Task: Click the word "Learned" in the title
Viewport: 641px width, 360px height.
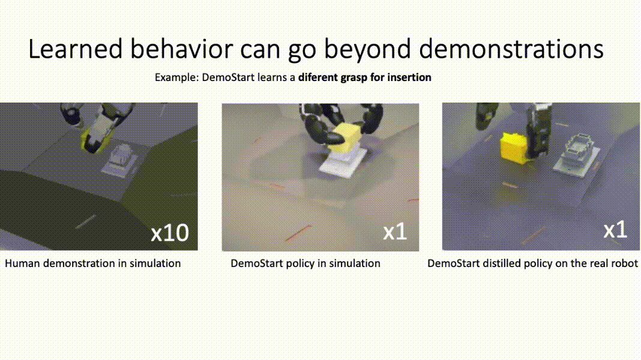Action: pos(75,49)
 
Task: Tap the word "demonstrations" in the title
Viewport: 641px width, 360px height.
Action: pos(511,49)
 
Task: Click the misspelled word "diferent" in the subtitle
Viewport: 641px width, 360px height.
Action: pos(317,77)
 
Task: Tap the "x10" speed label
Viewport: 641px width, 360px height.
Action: pos(170,233)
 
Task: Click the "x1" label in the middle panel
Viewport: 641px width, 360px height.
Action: pos(395,232)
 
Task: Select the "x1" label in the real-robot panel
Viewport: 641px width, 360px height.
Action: pos(615,230)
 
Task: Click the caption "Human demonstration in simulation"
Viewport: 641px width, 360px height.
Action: pos(93,263)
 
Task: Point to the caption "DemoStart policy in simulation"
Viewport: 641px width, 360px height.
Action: pos(305,263)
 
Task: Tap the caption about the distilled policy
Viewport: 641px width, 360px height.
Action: pos(533,263)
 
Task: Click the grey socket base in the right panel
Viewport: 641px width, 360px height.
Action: pos(577,154)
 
